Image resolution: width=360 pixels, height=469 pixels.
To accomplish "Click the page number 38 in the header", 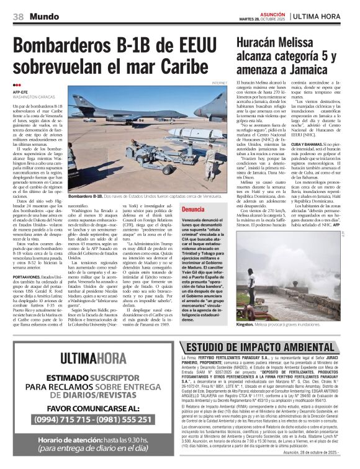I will (x=18, y=16).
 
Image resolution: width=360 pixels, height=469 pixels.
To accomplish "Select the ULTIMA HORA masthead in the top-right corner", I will (x=325, y=16).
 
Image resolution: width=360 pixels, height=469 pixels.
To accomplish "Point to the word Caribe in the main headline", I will (x=185, y=66).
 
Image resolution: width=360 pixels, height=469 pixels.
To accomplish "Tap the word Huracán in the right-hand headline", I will (x=255, y=43).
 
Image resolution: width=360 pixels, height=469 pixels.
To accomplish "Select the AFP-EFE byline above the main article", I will (x=20, y=92).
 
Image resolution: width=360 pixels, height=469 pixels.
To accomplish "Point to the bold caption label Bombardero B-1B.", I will (x=84, y=195).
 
